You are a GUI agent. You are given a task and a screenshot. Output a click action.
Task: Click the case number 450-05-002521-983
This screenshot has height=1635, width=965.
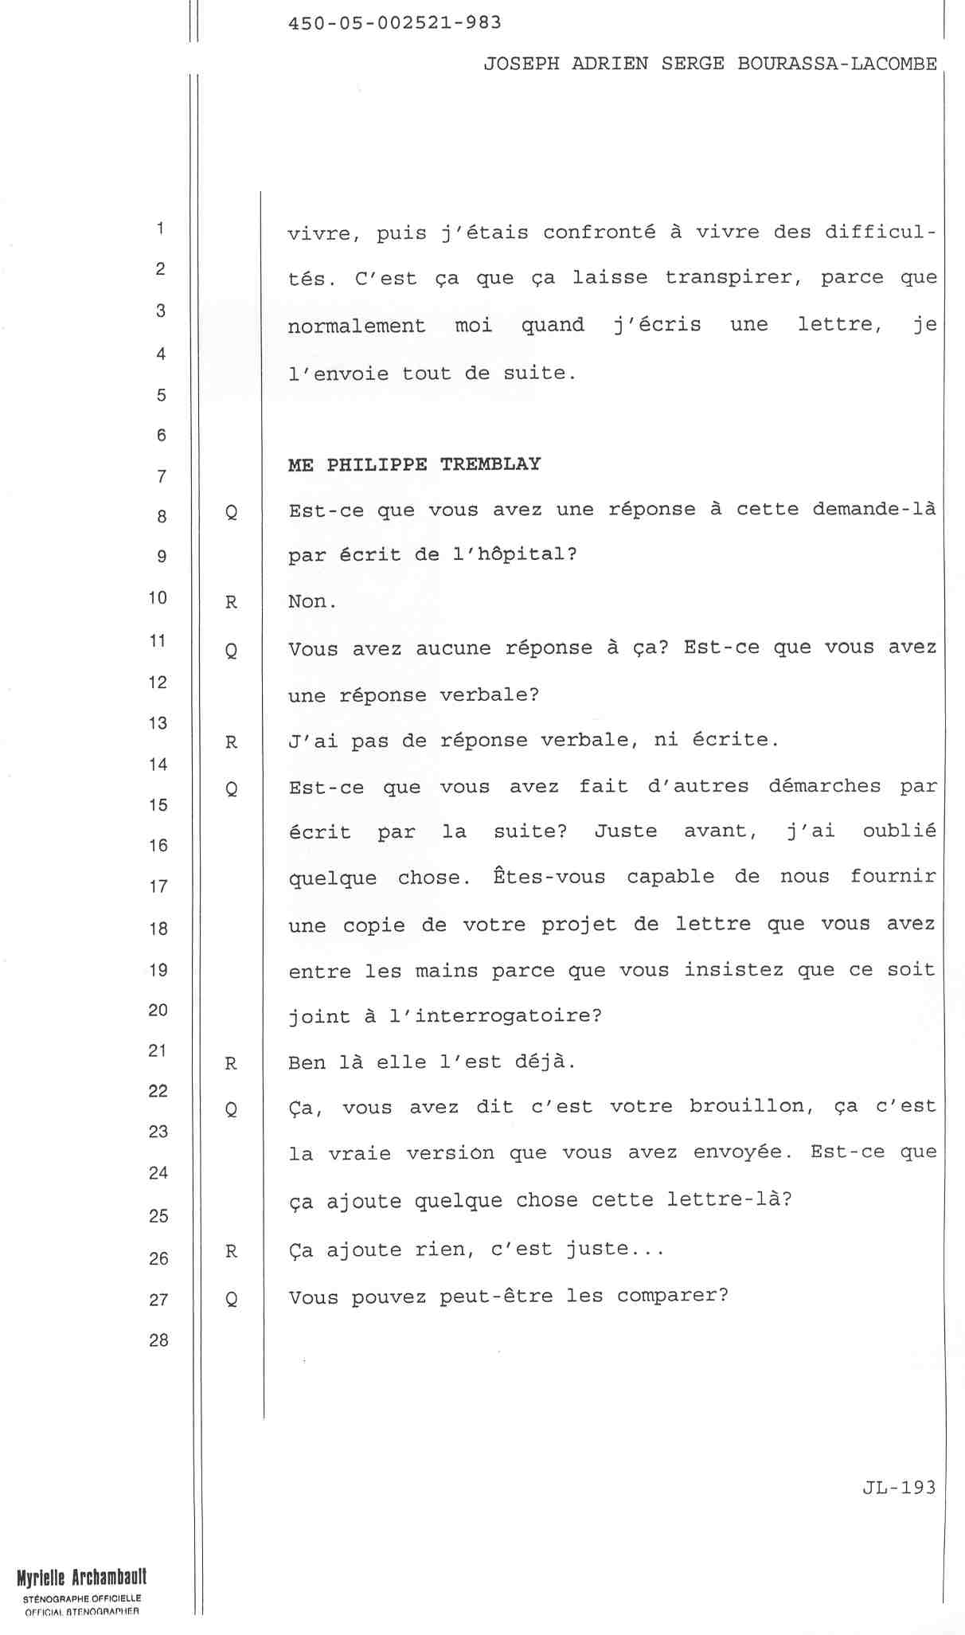(394, 23)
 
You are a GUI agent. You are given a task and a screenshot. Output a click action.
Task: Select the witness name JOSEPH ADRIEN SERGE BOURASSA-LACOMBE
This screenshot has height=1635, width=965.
(710, 65)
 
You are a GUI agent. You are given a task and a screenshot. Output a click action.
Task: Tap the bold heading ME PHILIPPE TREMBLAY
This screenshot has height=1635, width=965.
(414, 464)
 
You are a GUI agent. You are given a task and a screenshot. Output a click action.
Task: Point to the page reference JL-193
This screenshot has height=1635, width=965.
(899, 1487)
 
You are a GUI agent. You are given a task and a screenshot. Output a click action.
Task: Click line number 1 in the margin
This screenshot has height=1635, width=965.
(160, 229)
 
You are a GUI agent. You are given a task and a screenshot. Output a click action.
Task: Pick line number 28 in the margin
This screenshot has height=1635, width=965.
(158, 1340)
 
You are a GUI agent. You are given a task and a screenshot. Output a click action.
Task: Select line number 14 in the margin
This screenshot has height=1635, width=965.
(158, 765)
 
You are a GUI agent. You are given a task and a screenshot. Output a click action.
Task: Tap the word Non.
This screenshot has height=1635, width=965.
(312, 601)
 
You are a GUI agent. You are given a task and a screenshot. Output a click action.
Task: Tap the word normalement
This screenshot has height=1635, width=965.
(356, 326)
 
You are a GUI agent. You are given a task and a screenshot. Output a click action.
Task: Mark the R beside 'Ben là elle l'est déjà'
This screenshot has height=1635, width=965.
(231, 1063)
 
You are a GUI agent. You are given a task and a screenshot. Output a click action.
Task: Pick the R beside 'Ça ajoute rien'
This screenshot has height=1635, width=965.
(231, 1252)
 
